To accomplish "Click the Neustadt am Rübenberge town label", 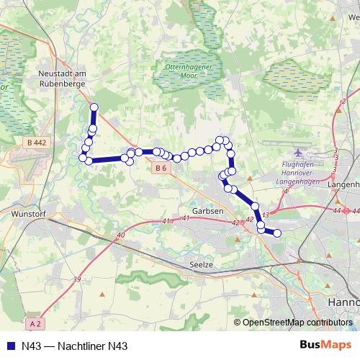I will tap(63, 78).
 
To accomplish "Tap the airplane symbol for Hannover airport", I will tap(299, 153).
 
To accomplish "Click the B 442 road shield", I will tap(36, 143).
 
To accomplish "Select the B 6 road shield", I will tap(161, 168).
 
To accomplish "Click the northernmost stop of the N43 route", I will tap(94, 107).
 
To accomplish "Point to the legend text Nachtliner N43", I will tap(86, 346).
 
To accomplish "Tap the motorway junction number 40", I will tap(120, 235).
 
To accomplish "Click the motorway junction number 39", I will tap(77, 279).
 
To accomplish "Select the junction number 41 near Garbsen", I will tap(167, 220).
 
